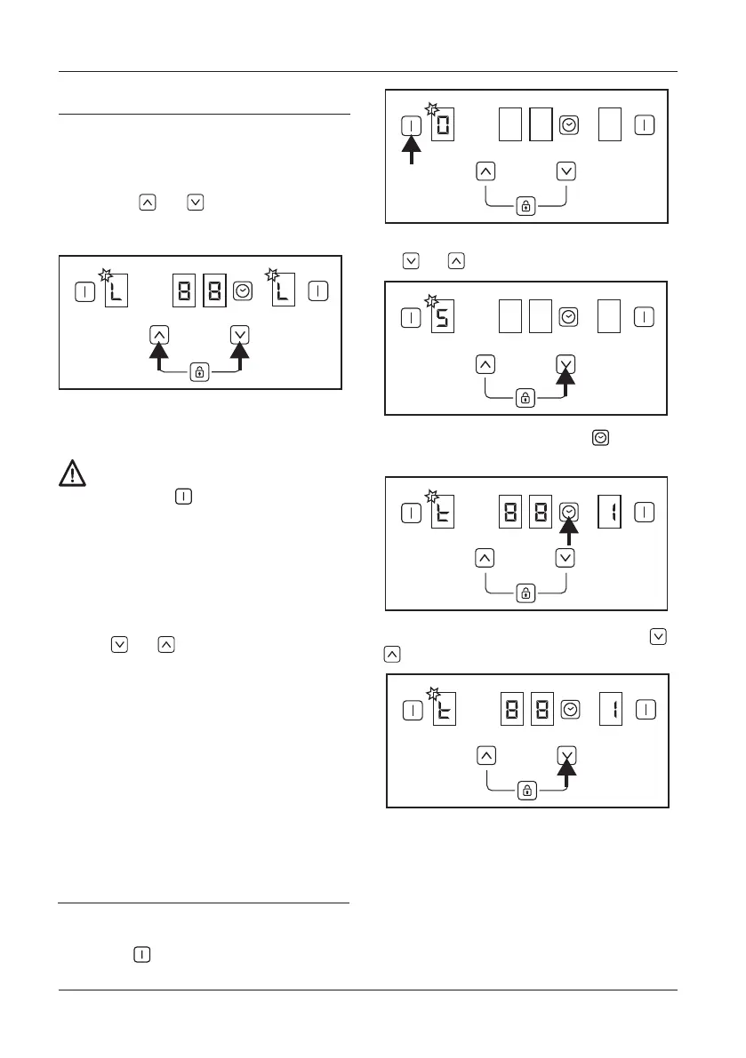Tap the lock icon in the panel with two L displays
(x=199, y=373)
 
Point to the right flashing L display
(x=282, y=290)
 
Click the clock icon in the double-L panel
(x=243, y=290)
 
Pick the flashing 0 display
(x=443, y=126)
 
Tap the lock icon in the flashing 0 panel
(x=525, y=206)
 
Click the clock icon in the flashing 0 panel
(x=569, y=126)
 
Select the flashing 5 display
(x=443, y=318)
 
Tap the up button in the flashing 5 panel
(x=485, y=362)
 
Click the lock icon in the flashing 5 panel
(x=525, y=399)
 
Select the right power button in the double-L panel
(x=318, y=290)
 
